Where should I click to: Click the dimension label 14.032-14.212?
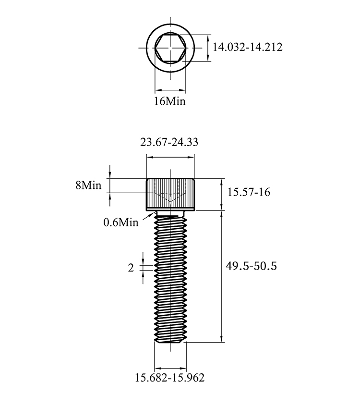[247, 47]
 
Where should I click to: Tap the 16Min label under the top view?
[170, 101]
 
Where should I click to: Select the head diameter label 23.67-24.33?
[169, 142]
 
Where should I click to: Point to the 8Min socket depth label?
[88, 185]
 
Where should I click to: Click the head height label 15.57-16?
[249, 192]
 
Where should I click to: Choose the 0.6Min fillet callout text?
[121, 222]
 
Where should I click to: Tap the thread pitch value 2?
[131, 268]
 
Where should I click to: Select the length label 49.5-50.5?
[252, 266]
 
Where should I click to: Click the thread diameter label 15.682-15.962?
[169, 378]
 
